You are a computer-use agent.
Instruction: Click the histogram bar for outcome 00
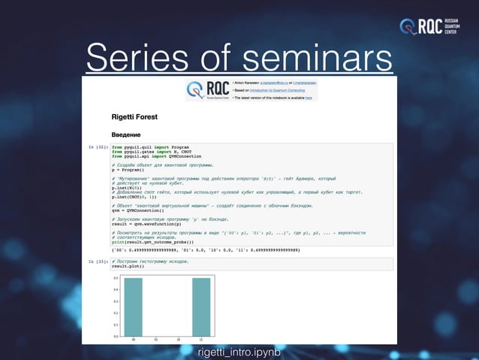133,307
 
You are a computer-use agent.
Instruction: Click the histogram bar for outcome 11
202,307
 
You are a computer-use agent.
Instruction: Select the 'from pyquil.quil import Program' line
150,147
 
